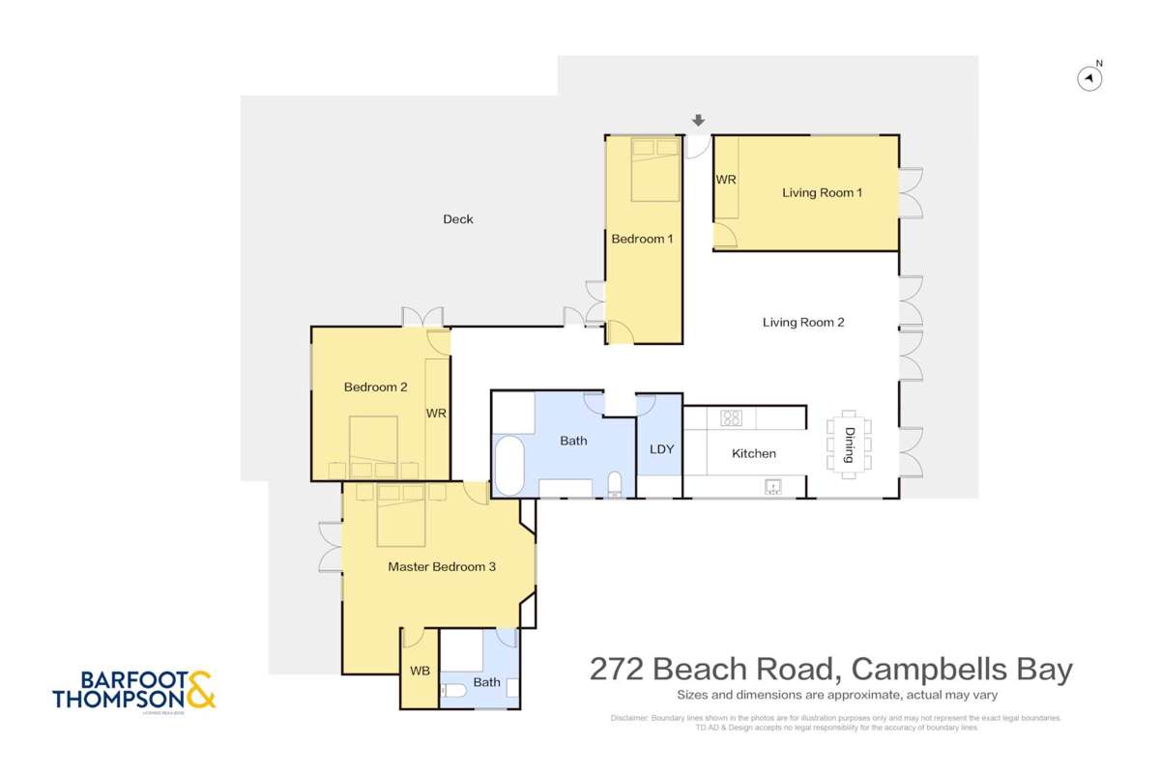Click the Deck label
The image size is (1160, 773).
tap(458, 219)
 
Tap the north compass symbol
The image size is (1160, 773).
tap(1089, 78)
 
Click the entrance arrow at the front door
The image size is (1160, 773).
tap(698, 121)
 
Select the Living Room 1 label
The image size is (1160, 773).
tap(822, 193)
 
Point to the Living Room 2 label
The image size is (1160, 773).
tap(803, 323)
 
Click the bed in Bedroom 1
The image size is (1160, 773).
tap(655, 169)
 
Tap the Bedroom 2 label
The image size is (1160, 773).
tap(375, 387)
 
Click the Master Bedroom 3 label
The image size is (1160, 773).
tap(441, 567)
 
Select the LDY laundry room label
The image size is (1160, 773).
tap(661, 449)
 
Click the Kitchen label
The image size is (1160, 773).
tap(753, 453)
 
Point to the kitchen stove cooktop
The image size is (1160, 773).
tap(732, 418)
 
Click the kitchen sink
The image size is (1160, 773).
tap(772, 487)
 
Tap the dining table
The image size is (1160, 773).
tap(849, 446)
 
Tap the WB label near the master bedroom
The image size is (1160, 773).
tap(420, 671)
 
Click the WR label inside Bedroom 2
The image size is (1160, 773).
tap(436, 414)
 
